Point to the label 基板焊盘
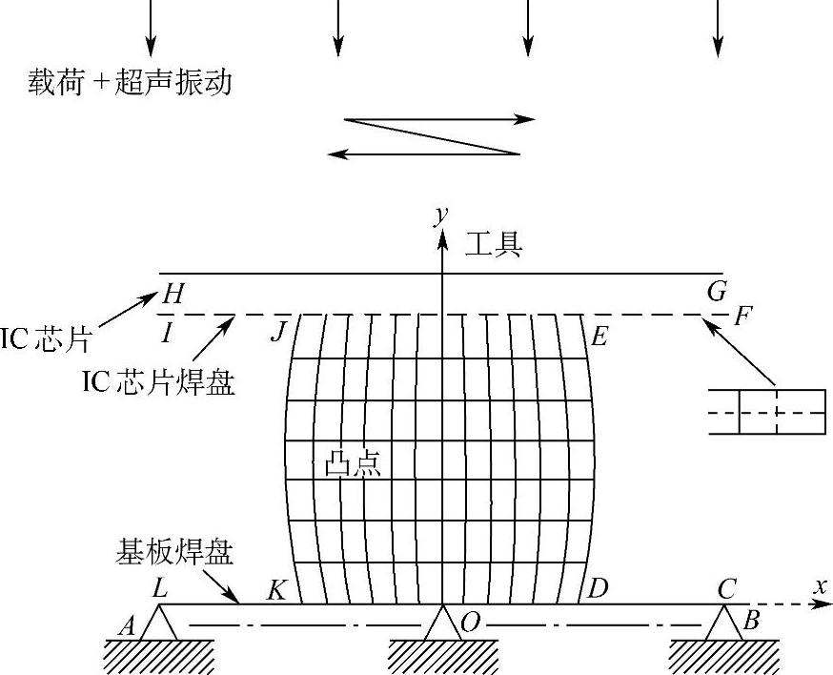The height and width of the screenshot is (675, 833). click(175, 552)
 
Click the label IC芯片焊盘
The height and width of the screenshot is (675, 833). click(158, 383)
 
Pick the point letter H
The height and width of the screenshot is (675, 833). click(173, 295)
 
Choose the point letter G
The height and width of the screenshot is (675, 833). click(717, 291)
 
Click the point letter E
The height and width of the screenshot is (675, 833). click(599, 337)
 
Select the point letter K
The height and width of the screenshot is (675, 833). click(277, 590)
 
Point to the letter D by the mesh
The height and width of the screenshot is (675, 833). click(599, 588)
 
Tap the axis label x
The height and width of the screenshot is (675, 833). click(820, 587)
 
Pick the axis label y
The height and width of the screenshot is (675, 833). click(440, 215)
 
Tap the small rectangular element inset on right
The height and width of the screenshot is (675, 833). click(767, 411)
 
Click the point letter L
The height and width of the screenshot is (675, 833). click(159, 589)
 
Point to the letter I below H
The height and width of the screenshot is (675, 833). click(168, 334)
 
